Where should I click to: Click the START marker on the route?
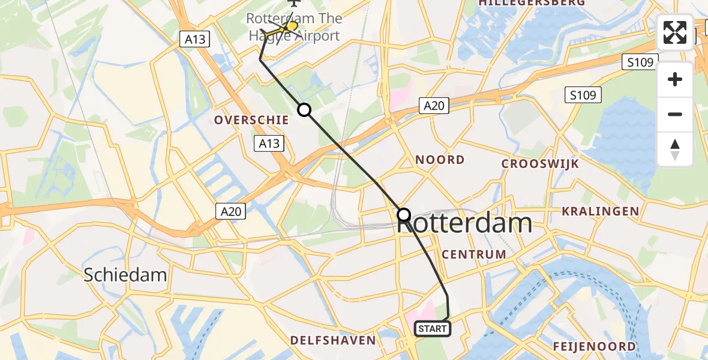[x=432, y=329]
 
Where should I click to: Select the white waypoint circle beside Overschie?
[x=304, y=110]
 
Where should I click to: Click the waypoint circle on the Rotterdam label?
[x=404, y=214]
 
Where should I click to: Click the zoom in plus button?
[x=675, y=79]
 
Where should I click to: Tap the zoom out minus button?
[x=675, y=114]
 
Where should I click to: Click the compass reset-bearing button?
[x=675, y=149]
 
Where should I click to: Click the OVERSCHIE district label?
[x=252, y=120]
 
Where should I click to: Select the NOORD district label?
[x=440, y=160]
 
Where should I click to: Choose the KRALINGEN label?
[x=600, y=211]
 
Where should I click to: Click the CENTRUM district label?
[x=474, y=254]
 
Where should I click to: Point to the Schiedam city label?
[x=125, y=275]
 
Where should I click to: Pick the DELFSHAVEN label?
[x=333, y=341]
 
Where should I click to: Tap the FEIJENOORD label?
[x=595, y=346]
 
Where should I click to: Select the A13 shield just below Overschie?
[x=269, y=143]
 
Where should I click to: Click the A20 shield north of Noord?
[x=434, y=106]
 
